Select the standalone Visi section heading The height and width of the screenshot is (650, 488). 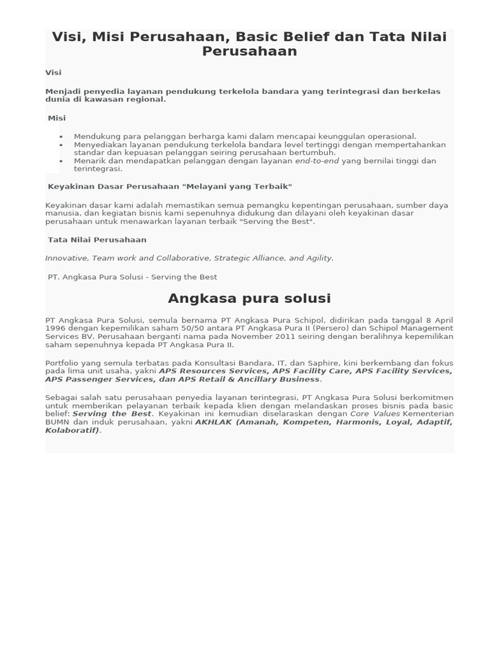[53, 72]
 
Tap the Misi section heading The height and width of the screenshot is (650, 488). [57, 118]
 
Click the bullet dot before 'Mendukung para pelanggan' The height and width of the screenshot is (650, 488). [61, 136]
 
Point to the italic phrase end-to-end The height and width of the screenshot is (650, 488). [317, 161]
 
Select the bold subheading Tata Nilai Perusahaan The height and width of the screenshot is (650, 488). [97, 240]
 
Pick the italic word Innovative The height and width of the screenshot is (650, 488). [67, 258]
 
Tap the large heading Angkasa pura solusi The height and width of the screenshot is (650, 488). [249, 298]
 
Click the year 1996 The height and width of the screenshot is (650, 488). [56, 328]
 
